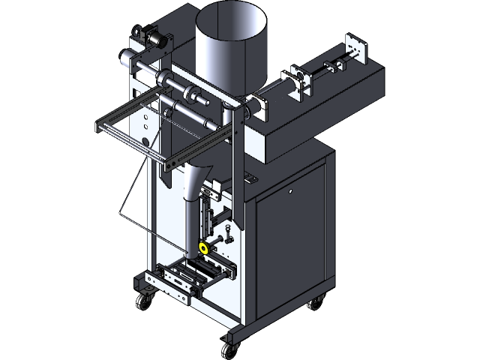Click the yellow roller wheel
click(x=202, y=247)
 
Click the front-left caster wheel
click(x=141, y=302)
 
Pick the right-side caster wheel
click(x=316, y=303)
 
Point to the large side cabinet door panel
click(x=291, y=240)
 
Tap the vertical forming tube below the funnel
click(x=190, y=225)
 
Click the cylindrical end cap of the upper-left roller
click(x=124, y=56)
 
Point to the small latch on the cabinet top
click(x=247, y=177)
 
